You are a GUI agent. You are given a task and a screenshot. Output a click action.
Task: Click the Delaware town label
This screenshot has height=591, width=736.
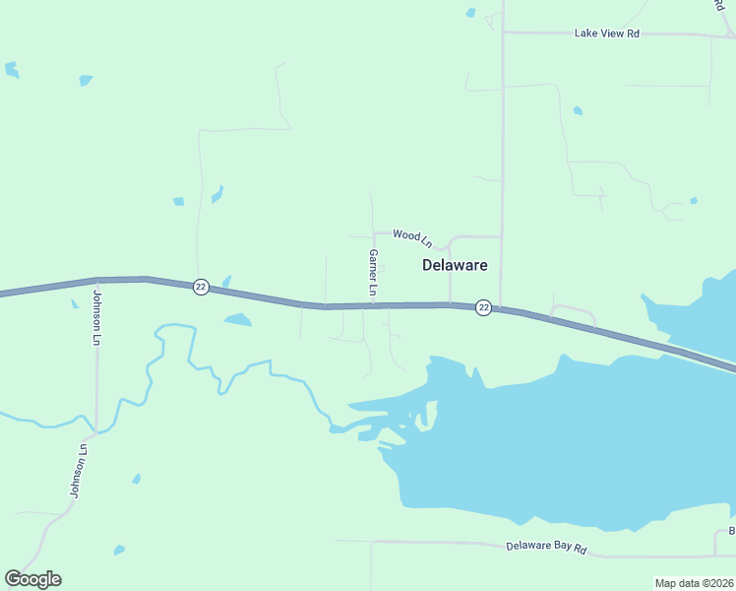(455, 265)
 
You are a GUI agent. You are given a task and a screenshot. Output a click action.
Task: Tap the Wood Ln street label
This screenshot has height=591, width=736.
(412, 235)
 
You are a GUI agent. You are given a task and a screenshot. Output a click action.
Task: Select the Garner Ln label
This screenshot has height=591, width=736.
(373, 272)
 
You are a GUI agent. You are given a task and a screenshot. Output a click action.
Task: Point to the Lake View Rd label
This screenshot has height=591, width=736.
(607, 33)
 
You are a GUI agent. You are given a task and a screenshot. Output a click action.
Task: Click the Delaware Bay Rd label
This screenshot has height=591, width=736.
(546, 547)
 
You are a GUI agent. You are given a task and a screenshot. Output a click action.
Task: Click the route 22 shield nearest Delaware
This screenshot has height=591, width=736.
(483, 307)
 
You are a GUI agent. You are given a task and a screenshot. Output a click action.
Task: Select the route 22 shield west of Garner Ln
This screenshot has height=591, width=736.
(201, 286)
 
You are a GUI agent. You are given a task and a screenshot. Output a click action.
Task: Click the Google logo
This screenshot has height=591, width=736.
(32, 579)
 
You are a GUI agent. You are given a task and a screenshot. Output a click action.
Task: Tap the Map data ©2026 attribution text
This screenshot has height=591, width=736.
(695, 583)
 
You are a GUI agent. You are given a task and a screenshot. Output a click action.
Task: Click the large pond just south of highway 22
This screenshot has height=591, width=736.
(237, 319)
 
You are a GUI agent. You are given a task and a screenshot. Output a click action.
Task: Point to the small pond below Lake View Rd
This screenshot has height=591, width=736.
(578, 110)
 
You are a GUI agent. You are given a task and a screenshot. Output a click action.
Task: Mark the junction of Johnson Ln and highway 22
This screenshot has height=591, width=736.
(97, 280)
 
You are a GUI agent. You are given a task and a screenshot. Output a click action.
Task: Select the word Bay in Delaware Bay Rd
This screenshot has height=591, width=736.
(560, 547)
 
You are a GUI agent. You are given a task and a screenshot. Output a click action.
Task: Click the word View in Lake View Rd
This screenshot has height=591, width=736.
(608, 33)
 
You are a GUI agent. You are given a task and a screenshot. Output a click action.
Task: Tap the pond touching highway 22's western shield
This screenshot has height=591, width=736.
(227, 282)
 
